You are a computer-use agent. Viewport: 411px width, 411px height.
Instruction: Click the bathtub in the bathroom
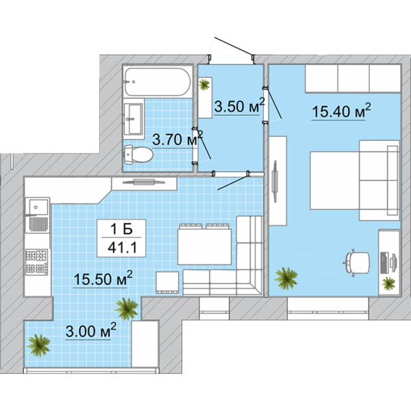point(158,82)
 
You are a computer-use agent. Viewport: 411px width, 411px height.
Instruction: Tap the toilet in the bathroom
point(138,154)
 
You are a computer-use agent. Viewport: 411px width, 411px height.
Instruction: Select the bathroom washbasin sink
point(134,119)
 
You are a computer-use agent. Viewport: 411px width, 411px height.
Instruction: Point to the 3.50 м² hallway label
point(240,105)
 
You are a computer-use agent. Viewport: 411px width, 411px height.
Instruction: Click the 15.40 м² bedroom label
point(341,110)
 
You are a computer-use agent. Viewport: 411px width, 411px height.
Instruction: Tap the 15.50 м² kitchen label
point(103,278)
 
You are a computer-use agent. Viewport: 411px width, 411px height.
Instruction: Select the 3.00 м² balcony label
point(90,331)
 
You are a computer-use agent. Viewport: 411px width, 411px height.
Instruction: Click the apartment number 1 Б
point(121,229)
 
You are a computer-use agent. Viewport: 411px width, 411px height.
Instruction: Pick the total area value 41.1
point(122,247)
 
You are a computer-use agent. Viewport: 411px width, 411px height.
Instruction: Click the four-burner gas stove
point(37,262)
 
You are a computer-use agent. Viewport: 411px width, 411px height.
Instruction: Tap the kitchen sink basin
point(38,207)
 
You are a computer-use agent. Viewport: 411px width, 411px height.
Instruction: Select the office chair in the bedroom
point(356,262)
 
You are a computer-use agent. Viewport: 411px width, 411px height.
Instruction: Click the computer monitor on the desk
point(393,261)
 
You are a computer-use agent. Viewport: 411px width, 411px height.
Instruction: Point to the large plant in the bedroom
point(286,278)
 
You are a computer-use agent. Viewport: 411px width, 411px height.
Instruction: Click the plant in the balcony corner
point(39,345)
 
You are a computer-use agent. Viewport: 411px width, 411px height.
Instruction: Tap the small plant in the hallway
point(204,84)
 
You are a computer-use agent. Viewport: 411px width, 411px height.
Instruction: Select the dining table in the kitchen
point(204,247)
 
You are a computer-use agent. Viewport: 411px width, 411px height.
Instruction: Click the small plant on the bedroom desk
point(388,284)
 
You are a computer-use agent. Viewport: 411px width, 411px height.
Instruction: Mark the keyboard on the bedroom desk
point(384,262)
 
